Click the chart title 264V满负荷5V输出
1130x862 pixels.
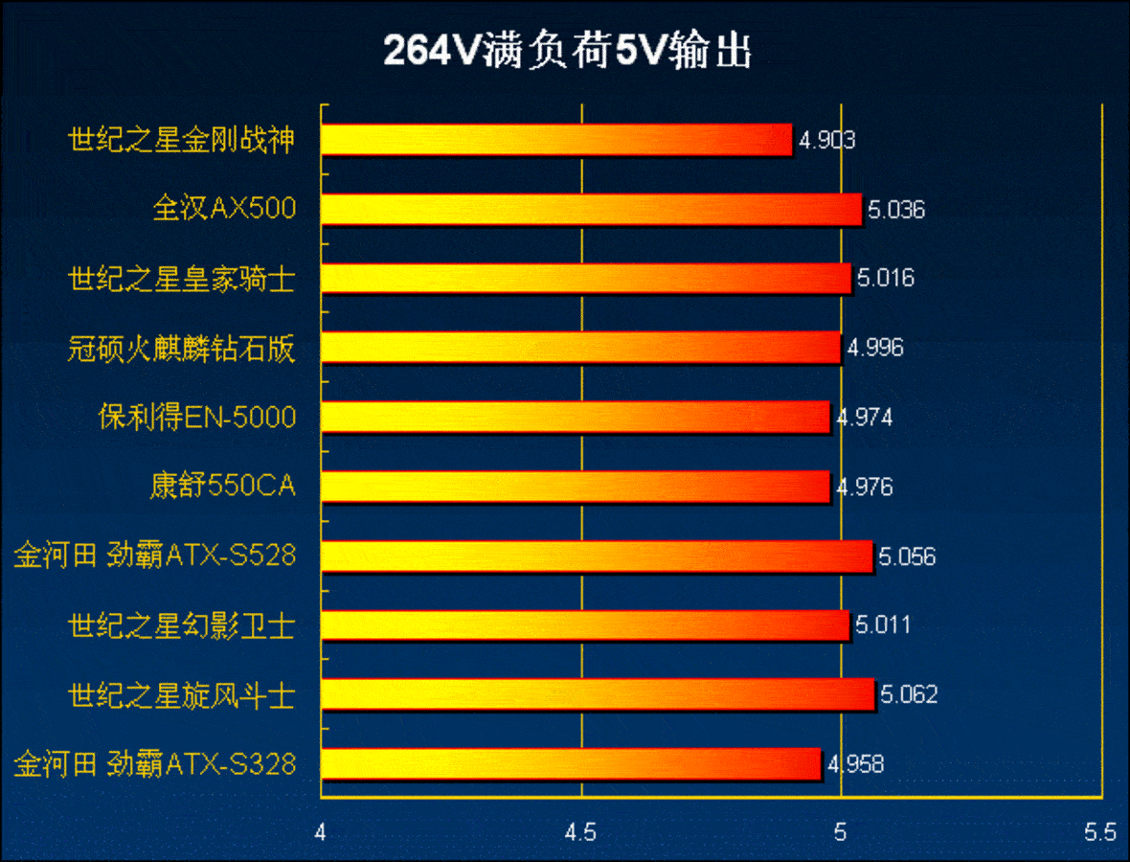click(567, 52)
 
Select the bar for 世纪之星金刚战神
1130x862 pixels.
click(556, 140)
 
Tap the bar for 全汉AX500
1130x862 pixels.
click(591, 209)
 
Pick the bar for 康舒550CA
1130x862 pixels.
click(575, 487)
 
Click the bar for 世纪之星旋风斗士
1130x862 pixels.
click(598, 694)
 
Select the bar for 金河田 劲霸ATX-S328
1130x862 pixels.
click(571, 764)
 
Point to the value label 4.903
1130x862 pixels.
click(827, 141)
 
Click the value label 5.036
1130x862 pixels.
click(896, 210)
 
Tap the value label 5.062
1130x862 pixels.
click(908, 695)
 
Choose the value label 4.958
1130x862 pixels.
click(855, 765)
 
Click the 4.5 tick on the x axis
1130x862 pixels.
click(581, 832)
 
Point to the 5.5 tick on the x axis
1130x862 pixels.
click(1100, 832)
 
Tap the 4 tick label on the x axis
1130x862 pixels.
click(321, 832)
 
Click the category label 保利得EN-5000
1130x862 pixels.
click(197, 418)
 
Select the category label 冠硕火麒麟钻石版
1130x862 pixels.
click(181, 349)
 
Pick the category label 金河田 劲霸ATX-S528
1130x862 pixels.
click(154, 556)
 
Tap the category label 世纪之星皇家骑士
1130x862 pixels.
click(181, 279)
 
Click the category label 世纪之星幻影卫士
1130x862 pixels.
click(181, 625)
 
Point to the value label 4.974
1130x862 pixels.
click(865, 418)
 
